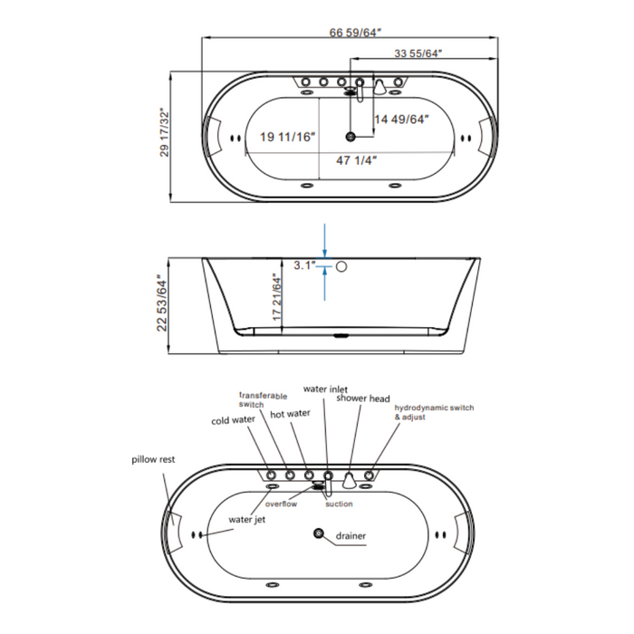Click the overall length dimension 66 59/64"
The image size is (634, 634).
[355, 32]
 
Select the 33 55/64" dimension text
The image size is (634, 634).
[418, 54]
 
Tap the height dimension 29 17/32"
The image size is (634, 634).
[164, 133]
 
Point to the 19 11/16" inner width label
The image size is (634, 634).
[286, 138]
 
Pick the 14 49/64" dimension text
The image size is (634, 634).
[401, 119]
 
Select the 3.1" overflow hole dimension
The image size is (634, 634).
[303, 265]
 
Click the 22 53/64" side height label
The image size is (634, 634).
[164, 303]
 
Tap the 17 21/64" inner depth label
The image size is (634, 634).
[278, 296]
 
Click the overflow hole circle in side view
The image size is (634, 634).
[342, 266]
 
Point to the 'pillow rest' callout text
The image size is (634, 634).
[152, 459]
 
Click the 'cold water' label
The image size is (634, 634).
[233, 421]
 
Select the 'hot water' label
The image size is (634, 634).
[290, 413]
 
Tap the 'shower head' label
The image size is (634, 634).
[363, 398]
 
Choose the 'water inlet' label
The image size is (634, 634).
[325, 389]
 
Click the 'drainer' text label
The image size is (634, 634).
[351, 536]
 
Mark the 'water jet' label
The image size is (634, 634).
[247, 520]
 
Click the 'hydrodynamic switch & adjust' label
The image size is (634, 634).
[434, 414]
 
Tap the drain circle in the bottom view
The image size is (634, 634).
[320, 535]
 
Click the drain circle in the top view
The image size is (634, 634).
[351, 137]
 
